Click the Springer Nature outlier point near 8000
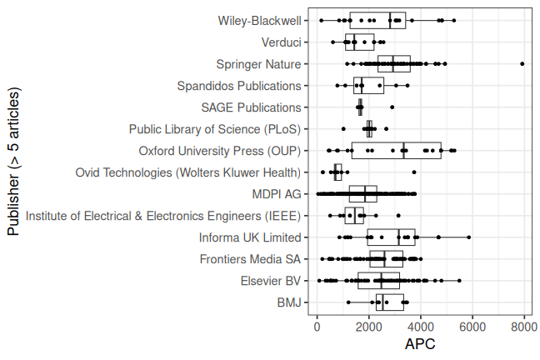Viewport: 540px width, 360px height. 522,63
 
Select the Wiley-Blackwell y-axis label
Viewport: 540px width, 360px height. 260,21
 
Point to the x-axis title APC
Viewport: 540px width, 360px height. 420,344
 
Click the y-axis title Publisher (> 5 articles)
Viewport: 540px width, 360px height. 13,162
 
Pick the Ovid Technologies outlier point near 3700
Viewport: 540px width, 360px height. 414,172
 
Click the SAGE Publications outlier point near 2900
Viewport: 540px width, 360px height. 392,107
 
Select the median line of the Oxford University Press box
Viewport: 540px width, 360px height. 403,151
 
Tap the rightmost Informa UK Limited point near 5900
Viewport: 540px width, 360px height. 468,237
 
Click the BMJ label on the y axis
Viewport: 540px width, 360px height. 289,302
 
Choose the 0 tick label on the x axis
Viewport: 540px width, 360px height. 317,326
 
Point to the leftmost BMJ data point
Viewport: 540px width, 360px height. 348,302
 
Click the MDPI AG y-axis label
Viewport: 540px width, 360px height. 277,194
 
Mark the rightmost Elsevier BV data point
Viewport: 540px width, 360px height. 459,281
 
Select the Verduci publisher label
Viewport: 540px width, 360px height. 282,42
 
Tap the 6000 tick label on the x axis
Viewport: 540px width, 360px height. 472,326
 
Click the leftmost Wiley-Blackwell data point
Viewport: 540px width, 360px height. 322,21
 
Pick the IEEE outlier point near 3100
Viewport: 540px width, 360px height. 398,216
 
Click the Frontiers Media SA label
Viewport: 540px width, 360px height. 250,259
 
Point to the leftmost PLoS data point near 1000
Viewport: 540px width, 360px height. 343,129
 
